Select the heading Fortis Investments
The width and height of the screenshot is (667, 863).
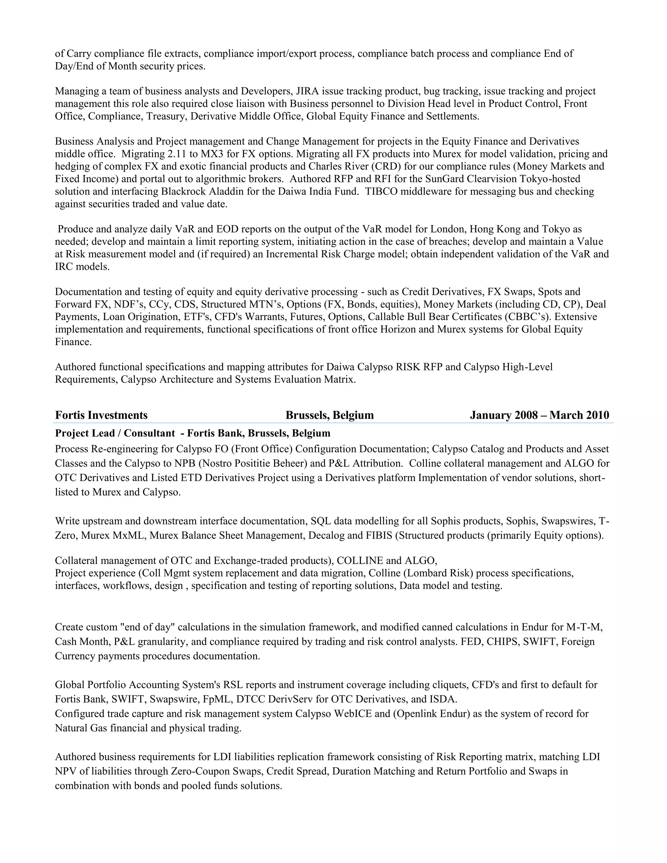(101, 415)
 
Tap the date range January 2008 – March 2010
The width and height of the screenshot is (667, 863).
(539, 415)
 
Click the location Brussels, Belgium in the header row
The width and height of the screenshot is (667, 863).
(330, 415)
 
